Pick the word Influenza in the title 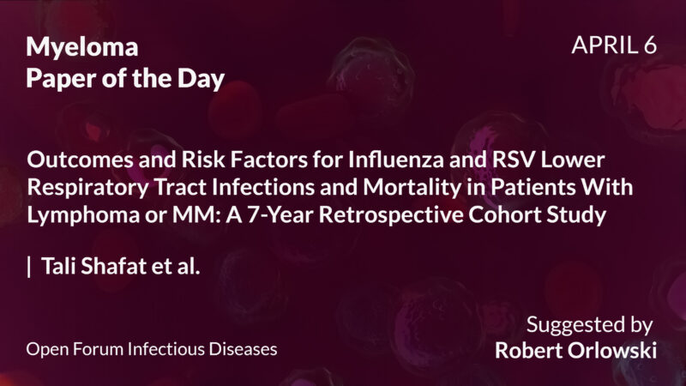click(x=323, y=160)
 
